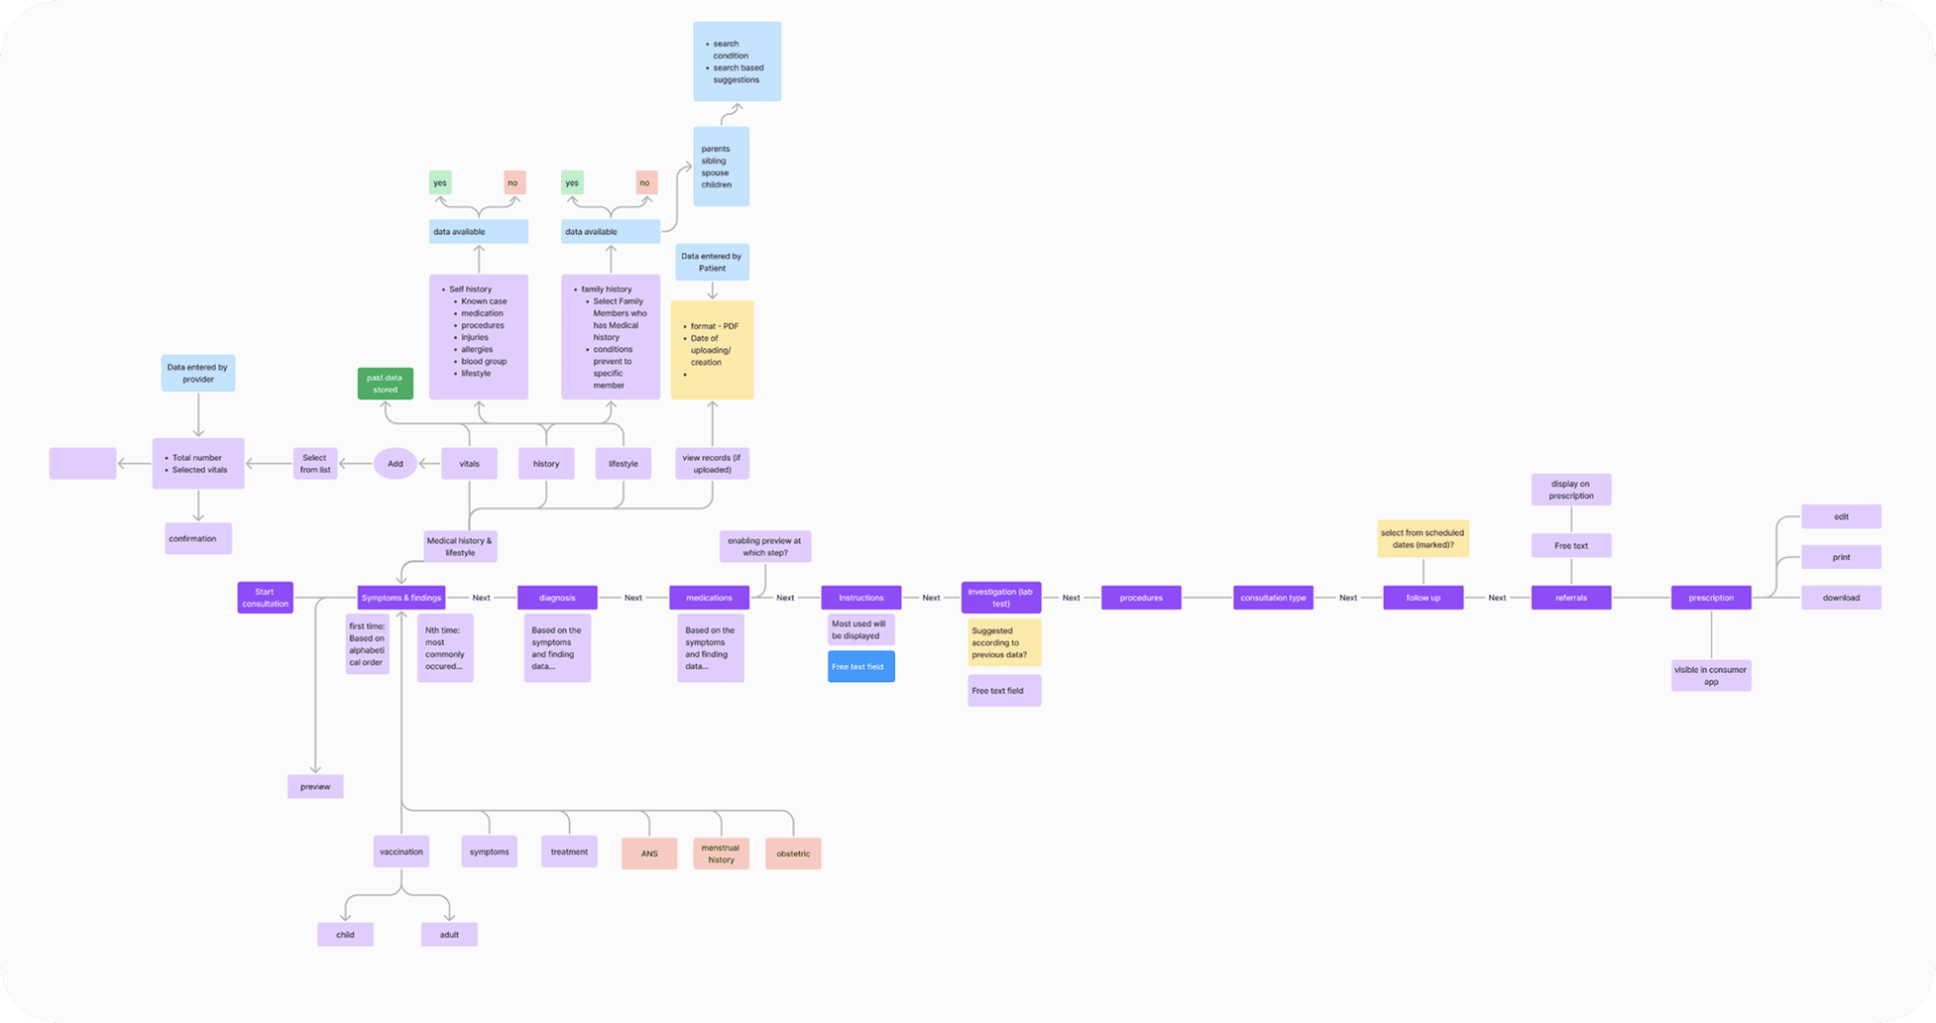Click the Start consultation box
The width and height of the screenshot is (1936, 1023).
point(265,598)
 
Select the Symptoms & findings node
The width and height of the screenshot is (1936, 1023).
point(400,598)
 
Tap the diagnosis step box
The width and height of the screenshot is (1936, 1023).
point(557,598)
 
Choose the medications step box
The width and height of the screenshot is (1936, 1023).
point(709,598)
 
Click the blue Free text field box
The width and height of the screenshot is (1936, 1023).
point(860,667)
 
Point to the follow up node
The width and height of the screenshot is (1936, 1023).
point(1423,598)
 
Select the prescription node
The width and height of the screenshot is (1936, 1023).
point(1711,598)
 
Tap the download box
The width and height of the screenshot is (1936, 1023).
point(1841,598)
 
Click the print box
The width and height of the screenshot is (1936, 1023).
point(1841,557)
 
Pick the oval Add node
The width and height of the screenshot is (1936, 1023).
point(396,464)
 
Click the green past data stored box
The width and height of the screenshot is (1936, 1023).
point(385,384)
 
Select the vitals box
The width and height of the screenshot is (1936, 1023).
point(469,464)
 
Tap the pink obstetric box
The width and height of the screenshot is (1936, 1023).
point(793,853)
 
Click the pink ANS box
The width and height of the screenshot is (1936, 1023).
point(649,853)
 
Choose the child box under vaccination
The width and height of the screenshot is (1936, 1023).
point(345,935)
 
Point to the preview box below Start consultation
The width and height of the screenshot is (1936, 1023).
point(315,787)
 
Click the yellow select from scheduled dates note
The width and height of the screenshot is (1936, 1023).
point(1423,538)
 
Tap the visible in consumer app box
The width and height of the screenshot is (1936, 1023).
point(1711,676)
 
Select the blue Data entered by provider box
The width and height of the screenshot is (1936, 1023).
point(198,373)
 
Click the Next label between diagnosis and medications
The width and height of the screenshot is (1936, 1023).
point(633,598)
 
